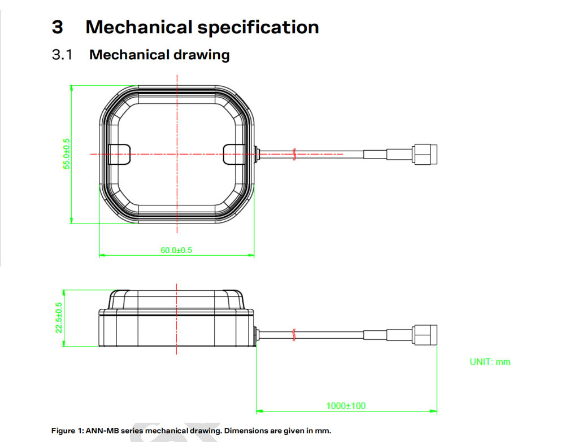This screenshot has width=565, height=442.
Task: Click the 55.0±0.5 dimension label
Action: click(x=67, y=154)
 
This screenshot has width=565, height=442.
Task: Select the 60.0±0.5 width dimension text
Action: click(x=176, y=250)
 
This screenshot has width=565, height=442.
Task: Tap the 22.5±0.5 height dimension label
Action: click(x=59, y=317)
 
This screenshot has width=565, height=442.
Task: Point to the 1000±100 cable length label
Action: click(x=346, y=406)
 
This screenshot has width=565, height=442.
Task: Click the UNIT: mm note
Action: click(x=490, y=362)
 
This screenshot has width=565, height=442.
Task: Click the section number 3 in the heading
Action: click(x=57, y=27)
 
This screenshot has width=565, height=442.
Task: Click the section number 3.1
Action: click(x=62, y=55)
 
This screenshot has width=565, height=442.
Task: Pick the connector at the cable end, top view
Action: click(x=425, y=154)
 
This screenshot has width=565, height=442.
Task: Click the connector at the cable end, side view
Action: click(x=425, y=335)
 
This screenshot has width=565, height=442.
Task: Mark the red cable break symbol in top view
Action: click(x=294, y=154)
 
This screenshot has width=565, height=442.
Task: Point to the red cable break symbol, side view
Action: click(x=294, y=335)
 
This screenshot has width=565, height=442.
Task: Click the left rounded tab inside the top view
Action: click(x=119, y=154)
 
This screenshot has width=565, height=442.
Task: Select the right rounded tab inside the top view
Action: click(x=234, y=154)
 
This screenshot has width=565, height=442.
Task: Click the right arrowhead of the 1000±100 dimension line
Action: click(x=433, y=411)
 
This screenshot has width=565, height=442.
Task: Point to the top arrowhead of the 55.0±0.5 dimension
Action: click(x=71, y=89)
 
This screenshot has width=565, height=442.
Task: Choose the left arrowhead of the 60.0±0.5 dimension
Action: click(x=103, y=255)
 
